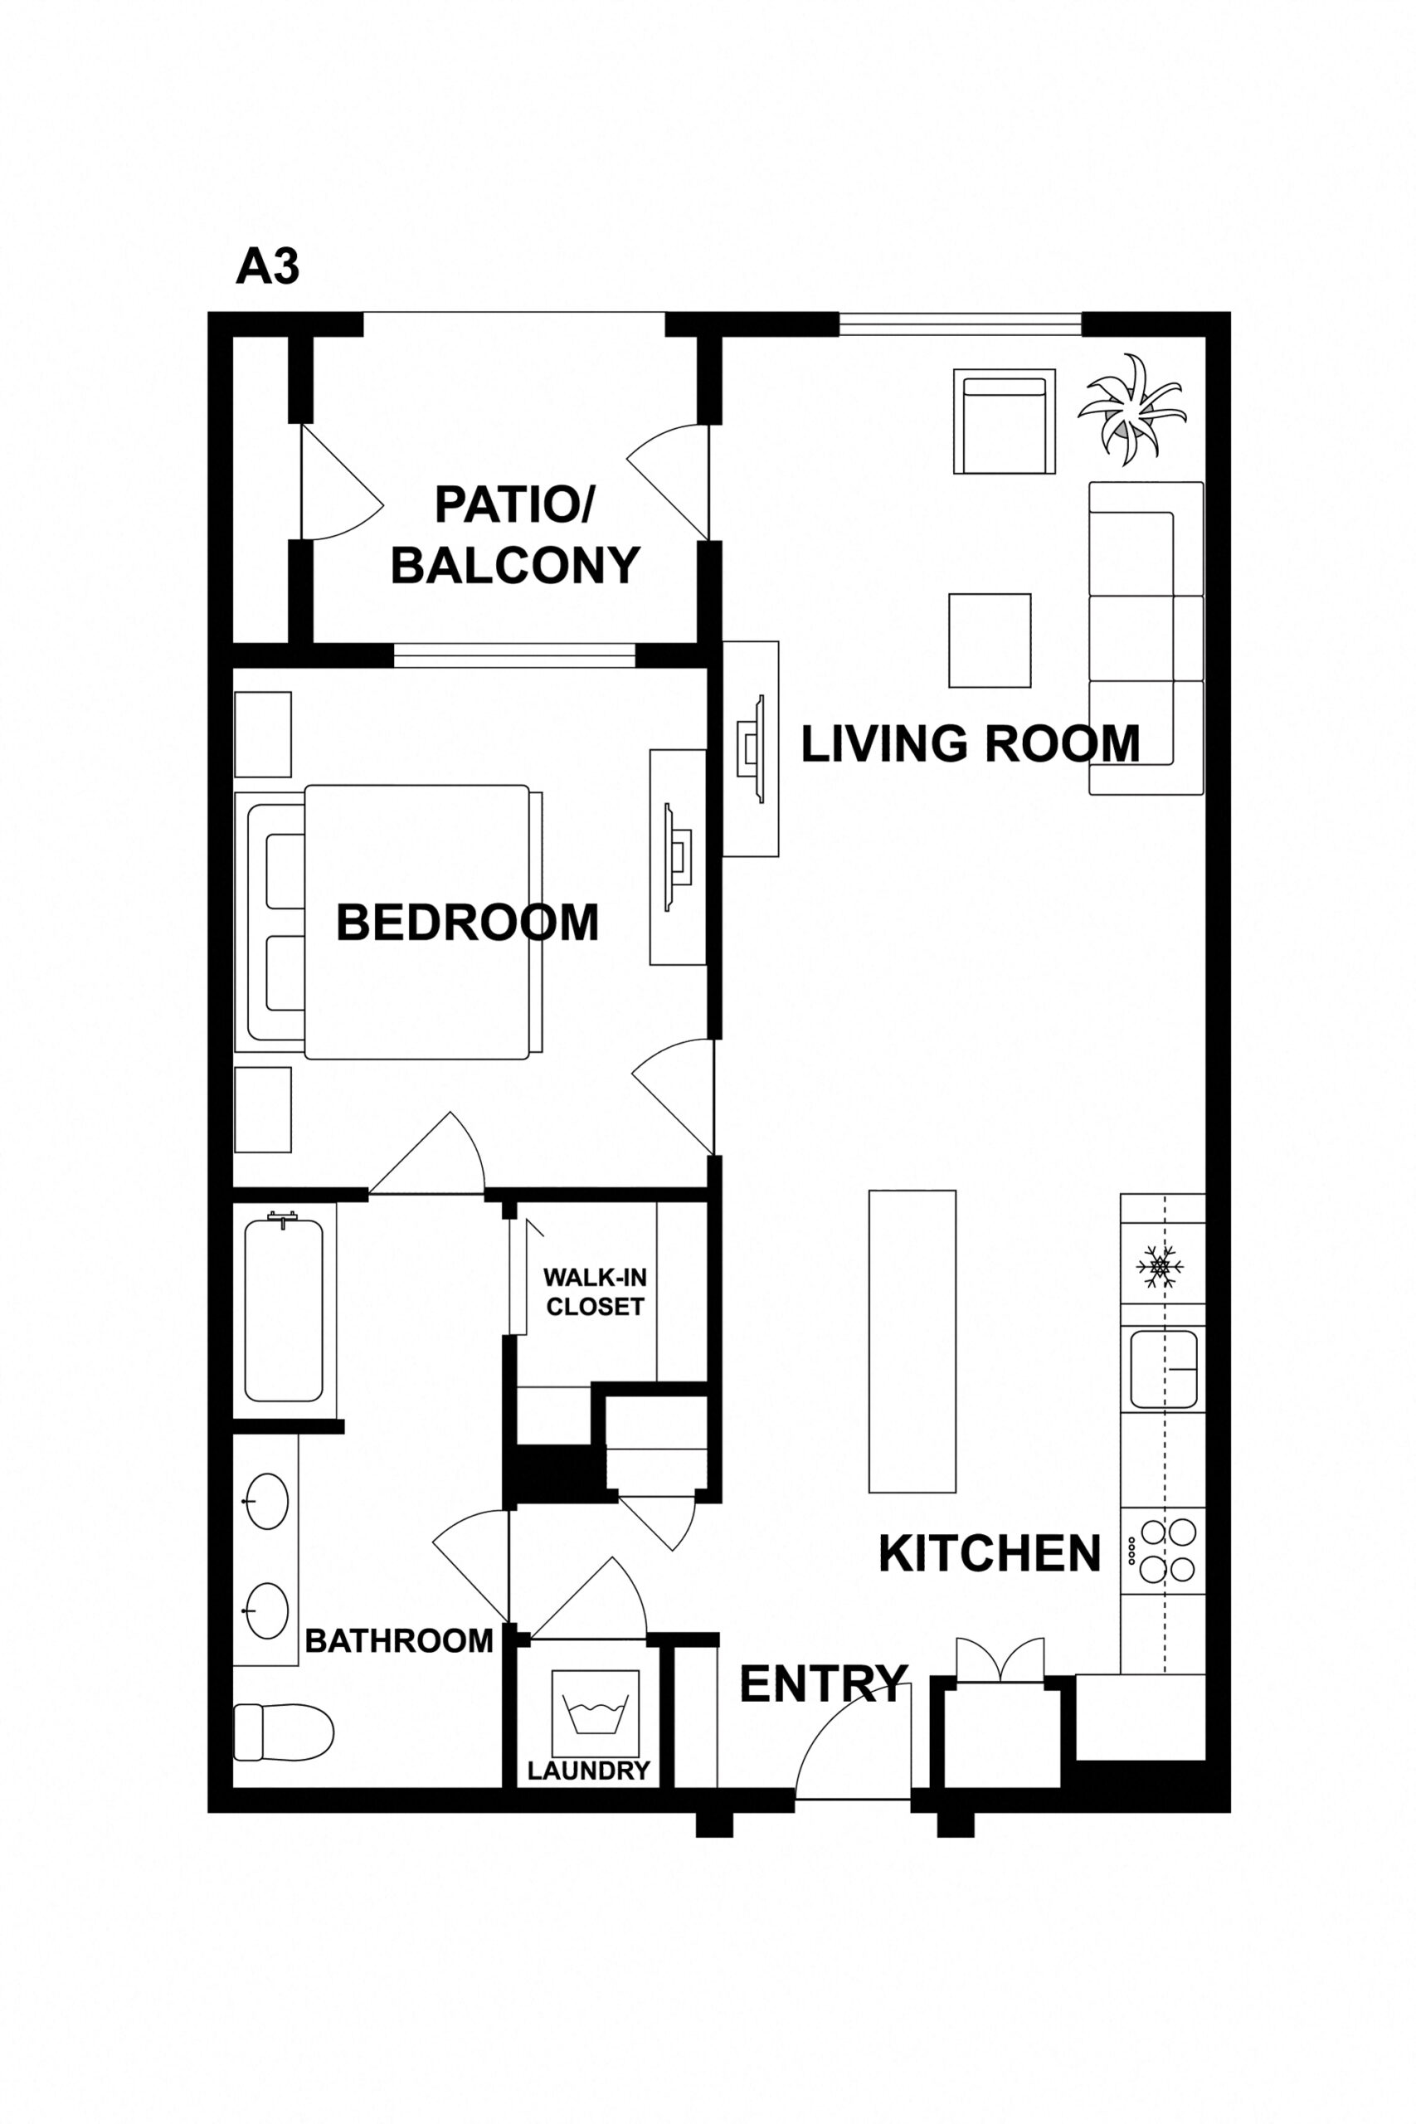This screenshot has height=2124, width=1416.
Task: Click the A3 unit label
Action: (x=267, y=267)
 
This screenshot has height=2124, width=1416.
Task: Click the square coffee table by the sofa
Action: (x=989, y=641)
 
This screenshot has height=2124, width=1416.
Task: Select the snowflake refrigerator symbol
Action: (x=1159, y=1266)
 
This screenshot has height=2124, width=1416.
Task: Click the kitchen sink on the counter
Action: (x=1163, y=1369)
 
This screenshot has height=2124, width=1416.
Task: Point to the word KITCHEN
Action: (x=989, y=1553)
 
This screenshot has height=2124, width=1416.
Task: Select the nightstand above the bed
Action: (x=263, y=734)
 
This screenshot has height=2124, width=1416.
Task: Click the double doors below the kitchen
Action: (x=1000, y=1658)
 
